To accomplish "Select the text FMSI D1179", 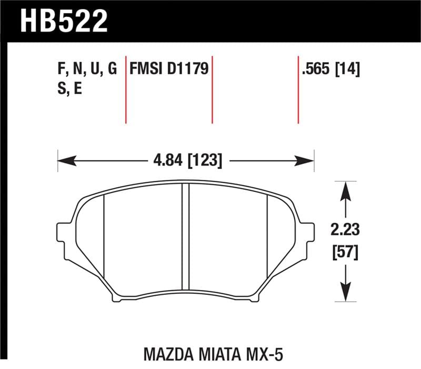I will (x=169, y=69).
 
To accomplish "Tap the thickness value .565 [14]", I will (x=330, y=69).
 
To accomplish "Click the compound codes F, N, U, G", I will (x=85, y=69).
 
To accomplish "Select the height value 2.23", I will (x=345, y=230).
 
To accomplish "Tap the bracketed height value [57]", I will (x=345, y=253).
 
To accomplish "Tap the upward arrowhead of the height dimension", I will (x=345, y=190).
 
